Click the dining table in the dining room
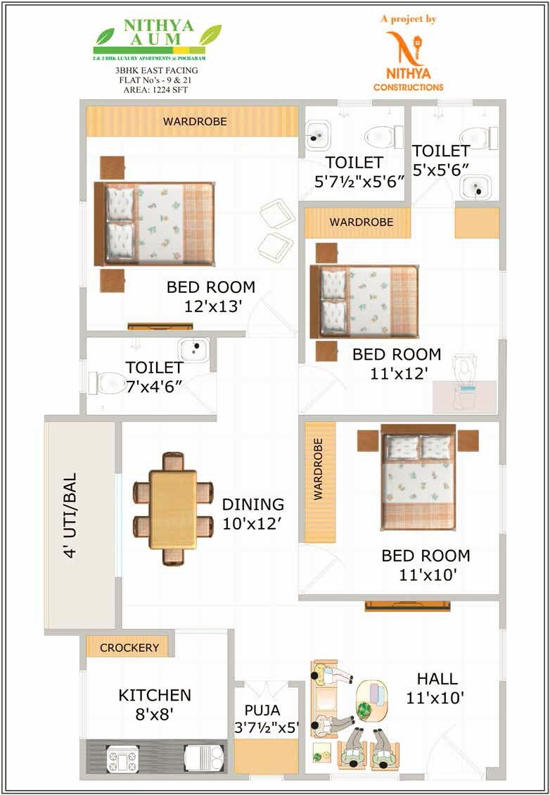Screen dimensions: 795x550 (173, 508)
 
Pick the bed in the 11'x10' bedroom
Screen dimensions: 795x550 (418, 479)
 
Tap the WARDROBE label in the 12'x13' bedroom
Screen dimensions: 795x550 (195, 121)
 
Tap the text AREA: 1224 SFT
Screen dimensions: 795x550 (158, 90)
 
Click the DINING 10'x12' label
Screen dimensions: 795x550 (253, 513)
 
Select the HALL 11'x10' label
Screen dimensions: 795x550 (436, 688)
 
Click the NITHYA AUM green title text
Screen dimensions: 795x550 (158, 34)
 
